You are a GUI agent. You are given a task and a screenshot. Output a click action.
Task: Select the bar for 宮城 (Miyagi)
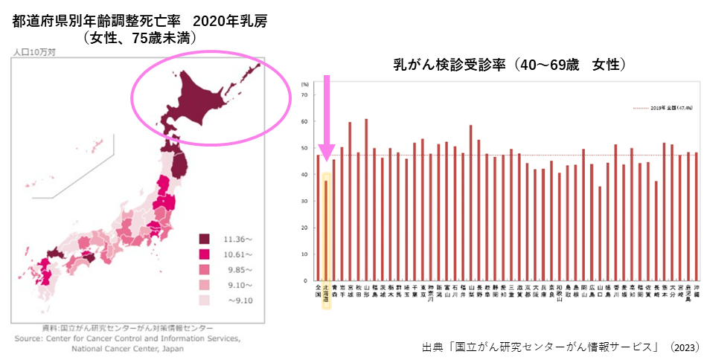click(350, 201)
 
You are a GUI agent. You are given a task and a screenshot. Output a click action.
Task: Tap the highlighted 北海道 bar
click(326, 231)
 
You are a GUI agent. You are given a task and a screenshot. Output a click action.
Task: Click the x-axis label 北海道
click(326, 295)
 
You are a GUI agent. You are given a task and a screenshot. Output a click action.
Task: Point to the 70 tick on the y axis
click(304, 94)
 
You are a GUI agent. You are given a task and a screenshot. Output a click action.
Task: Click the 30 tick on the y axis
click(304, 201)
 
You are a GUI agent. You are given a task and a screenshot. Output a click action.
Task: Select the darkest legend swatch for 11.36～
click(203, 239)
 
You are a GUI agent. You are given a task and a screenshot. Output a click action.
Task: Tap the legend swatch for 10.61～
click(203, 254)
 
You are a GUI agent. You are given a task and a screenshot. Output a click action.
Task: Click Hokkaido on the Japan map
click(193, 100)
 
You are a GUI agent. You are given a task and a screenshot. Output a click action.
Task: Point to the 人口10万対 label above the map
click(33, 52)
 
